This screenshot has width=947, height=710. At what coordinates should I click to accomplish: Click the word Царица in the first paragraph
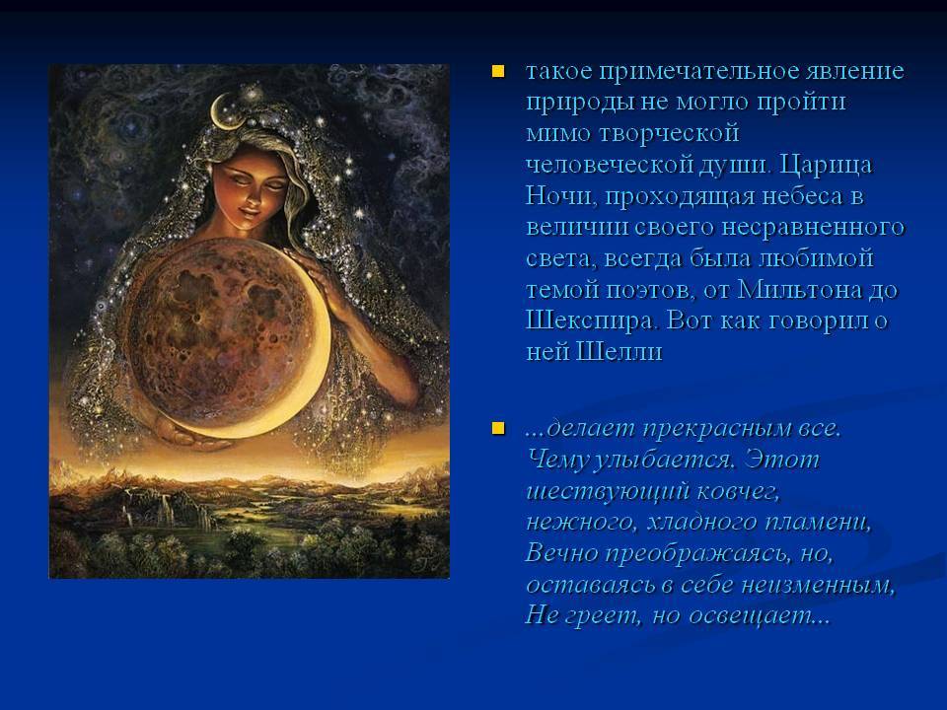pos(826,165)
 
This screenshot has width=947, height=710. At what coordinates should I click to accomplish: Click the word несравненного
pos(813,228)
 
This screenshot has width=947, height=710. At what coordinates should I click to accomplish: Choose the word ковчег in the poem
pos(738,492)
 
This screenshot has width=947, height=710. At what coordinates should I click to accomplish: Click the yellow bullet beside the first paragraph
pos(498,72)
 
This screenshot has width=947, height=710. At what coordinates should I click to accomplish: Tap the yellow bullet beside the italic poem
pos(498,429)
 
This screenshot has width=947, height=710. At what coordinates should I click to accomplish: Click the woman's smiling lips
pos(250,211)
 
